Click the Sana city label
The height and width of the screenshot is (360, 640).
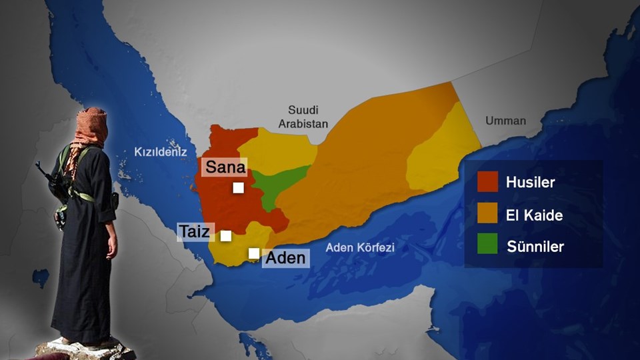click(225, 167)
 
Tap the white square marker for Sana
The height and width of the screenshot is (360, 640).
click(238, 188)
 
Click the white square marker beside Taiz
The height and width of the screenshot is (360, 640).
click(226, 235)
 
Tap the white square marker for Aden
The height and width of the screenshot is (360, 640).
click(254, 253)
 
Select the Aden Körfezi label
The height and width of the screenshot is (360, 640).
click(360, 247)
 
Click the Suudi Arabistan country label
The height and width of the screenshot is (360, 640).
click(307, 117)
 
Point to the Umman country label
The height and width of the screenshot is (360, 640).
click(505, 121)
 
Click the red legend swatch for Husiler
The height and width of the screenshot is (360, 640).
click(487, 181)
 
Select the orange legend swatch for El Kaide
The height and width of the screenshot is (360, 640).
click(487, 214)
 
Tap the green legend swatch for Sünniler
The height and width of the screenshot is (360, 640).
click(487, 246)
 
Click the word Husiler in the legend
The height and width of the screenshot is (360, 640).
click(530, 182)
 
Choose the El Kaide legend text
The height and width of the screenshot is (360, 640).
click(534, 215)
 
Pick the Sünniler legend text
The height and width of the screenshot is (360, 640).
click(535, 247)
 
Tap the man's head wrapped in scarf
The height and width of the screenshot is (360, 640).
click(92, 125)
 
